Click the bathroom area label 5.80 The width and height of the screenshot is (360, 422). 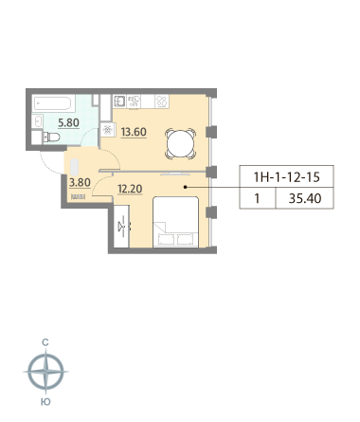[x=68, y=122]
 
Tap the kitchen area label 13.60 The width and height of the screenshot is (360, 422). [x=134, y=132]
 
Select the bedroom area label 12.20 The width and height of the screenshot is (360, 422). [x=130, y=189]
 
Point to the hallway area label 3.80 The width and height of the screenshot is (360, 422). [x=80, y=182]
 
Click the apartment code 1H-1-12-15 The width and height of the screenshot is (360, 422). [x=287, y=177]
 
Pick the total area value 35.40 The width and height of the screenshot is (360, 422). [x=305, y=198]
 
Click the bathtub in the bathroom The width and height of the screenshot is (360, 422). [x=54, y=103]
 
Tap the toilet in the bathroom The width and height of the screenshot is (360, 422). [x=51, y=138]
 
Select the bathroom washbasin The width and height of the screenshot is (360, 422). [x=38, y=121]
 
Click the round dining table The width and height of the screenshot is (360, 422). [x=180, y=144]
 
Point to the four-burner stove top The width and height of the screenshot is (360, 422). [x=162, y=101]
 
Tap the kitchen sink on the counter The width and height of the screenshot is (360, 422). [x=119, y=101]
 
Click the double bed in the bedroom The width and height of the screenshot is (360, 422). [x=176, y=222]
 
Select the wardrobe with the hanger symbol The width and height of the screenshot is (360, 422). [x=121, y=226]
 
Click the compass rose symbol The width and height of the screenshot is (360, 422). [x=46, y=372]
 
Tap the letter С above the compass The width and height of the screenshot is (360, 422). [x=45, y=342]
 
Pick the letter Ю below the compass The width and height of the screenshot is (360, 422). [x=46, y=402]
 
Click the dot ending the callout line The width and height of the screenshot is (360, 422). [x=186, y=187]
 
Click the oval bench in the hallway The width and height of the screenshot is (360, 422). [x=74, y=167]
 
